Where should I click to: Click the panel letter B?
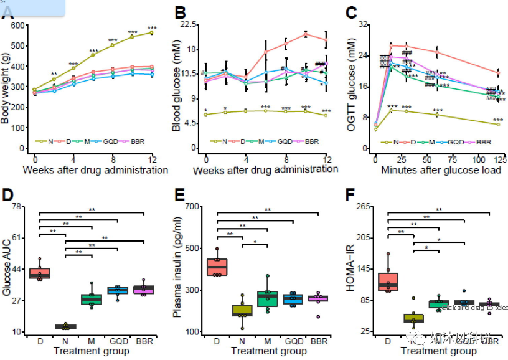coord(180,13)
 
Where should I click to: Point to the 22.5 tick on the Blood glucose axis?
coord(187,24)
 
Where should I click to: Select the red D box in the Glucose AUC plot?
coord(40,273)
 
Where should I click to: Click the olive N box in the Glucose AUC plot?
coord(65,326)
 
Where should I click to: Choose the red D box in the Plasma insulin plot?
coord(217,267)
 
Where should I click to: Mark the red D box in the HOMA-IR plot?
coord(388,281)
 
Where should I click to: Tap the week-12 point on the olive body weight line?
coord(151,32)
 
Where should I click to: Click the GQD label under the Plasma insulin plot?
coord(293,341)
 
